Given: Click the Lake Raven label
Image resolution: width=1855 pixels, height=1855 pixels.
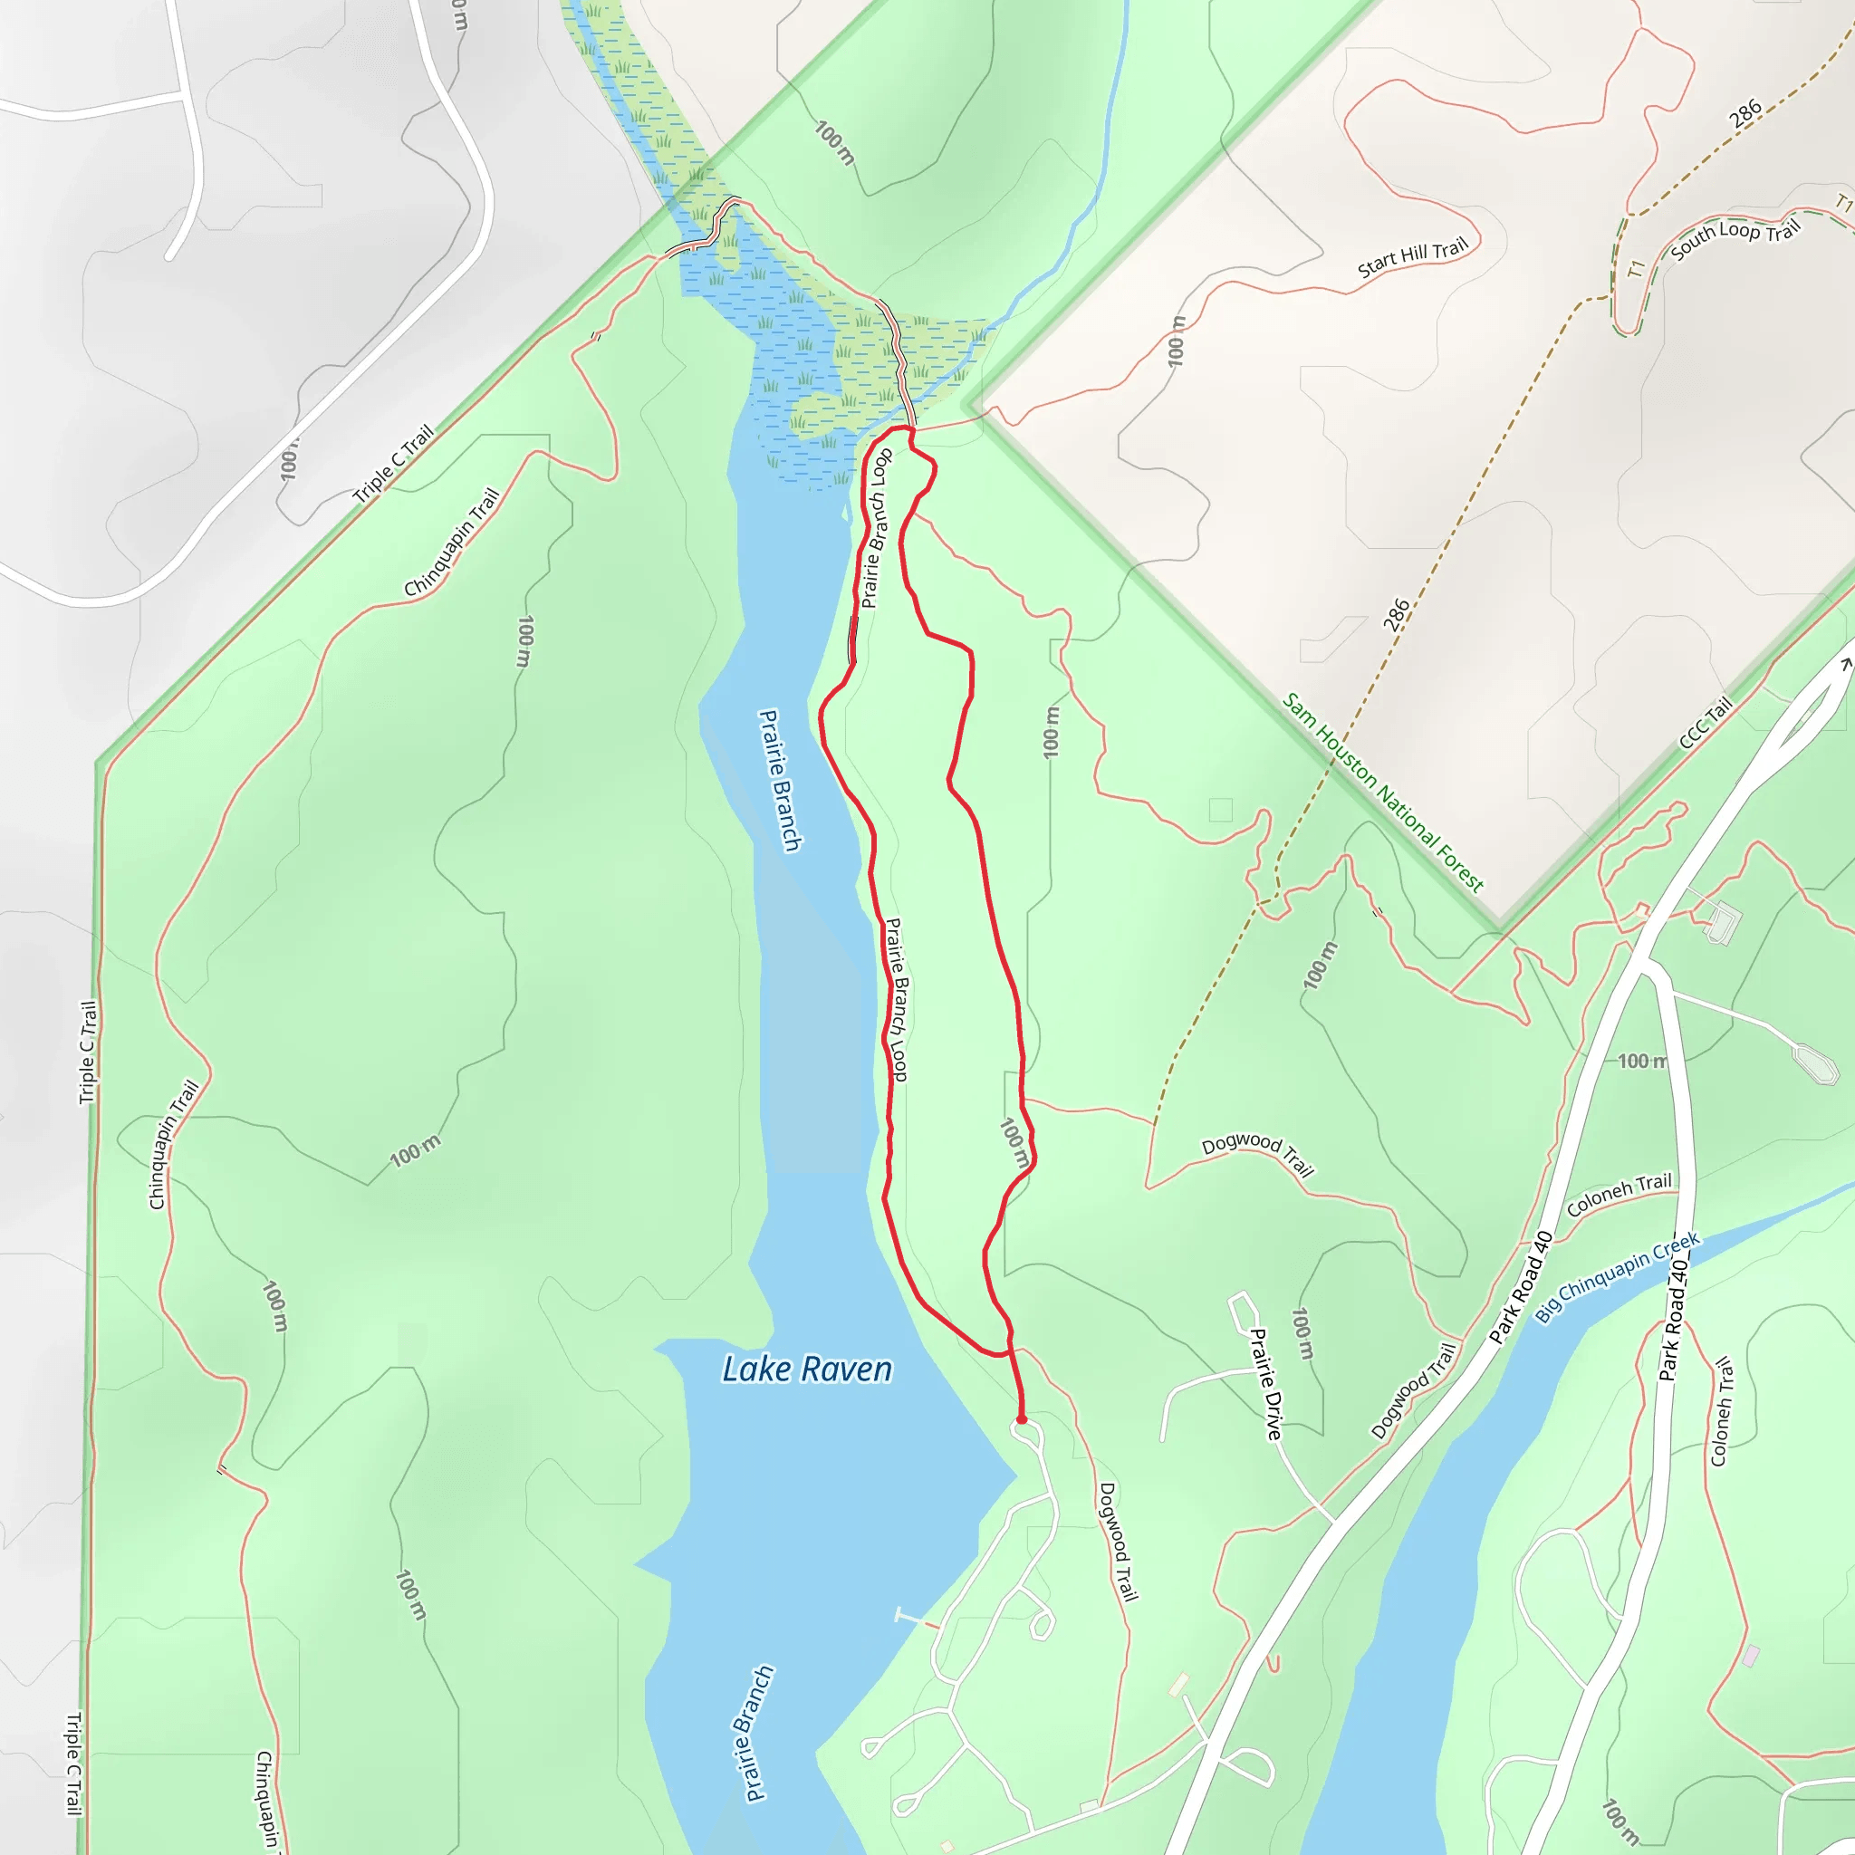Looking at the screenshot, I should [806, 1370].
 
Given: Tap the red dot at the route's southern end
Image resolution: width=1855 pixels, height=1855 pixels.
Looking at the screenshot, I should [1022, 1419].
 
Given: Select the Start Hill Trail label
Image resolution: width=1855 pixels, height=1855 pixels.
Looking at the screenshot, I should [1412, 257].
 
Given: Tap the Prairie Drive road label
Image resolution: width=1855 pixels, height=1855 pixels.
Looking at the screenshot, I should [1265, 1384].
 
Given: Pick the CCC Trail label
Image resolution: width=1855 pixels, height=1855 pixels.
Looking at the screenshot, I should [1706, 722].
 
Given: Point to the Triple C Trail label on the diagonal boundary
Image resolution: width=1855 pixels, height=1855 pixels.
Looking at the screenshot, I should [394, 464].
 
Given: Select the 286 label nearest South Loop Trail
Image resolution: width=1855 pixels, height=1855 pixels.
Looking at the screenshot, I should [1745, 112].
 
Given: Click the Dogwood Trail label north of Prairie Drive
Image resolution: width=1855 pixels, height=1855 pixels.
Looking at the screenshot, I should [1258, 1154].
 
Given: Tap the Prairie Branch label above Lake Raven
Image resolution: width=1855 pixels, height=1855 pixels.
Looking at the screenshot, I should [780, 780].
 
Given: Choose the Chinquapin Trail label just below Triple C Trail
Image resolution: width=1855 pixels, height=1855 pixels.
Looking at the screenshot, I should [451, 543].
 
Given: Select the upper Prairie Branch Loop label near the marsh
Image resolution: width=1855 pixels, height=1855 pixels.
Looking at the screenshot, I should [876, 528].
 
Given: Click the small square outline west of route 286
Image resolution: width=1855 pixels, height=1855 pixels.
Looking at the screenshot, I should [1220, 810].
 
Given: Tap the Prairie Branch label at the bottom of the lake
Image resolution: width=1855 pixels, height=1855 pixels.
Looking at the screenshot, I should [757, 1733].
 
